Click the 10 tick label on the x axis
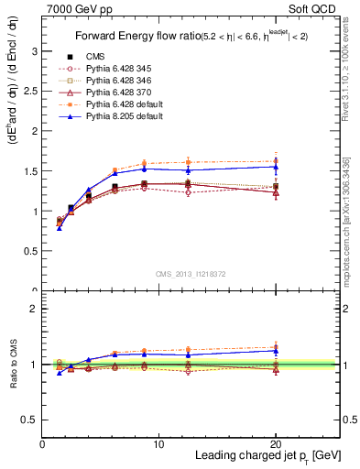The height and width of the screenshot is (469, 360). (x=158, y=444)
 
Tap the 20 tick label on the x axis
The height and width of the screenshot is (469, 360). (x=275, y=444)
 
